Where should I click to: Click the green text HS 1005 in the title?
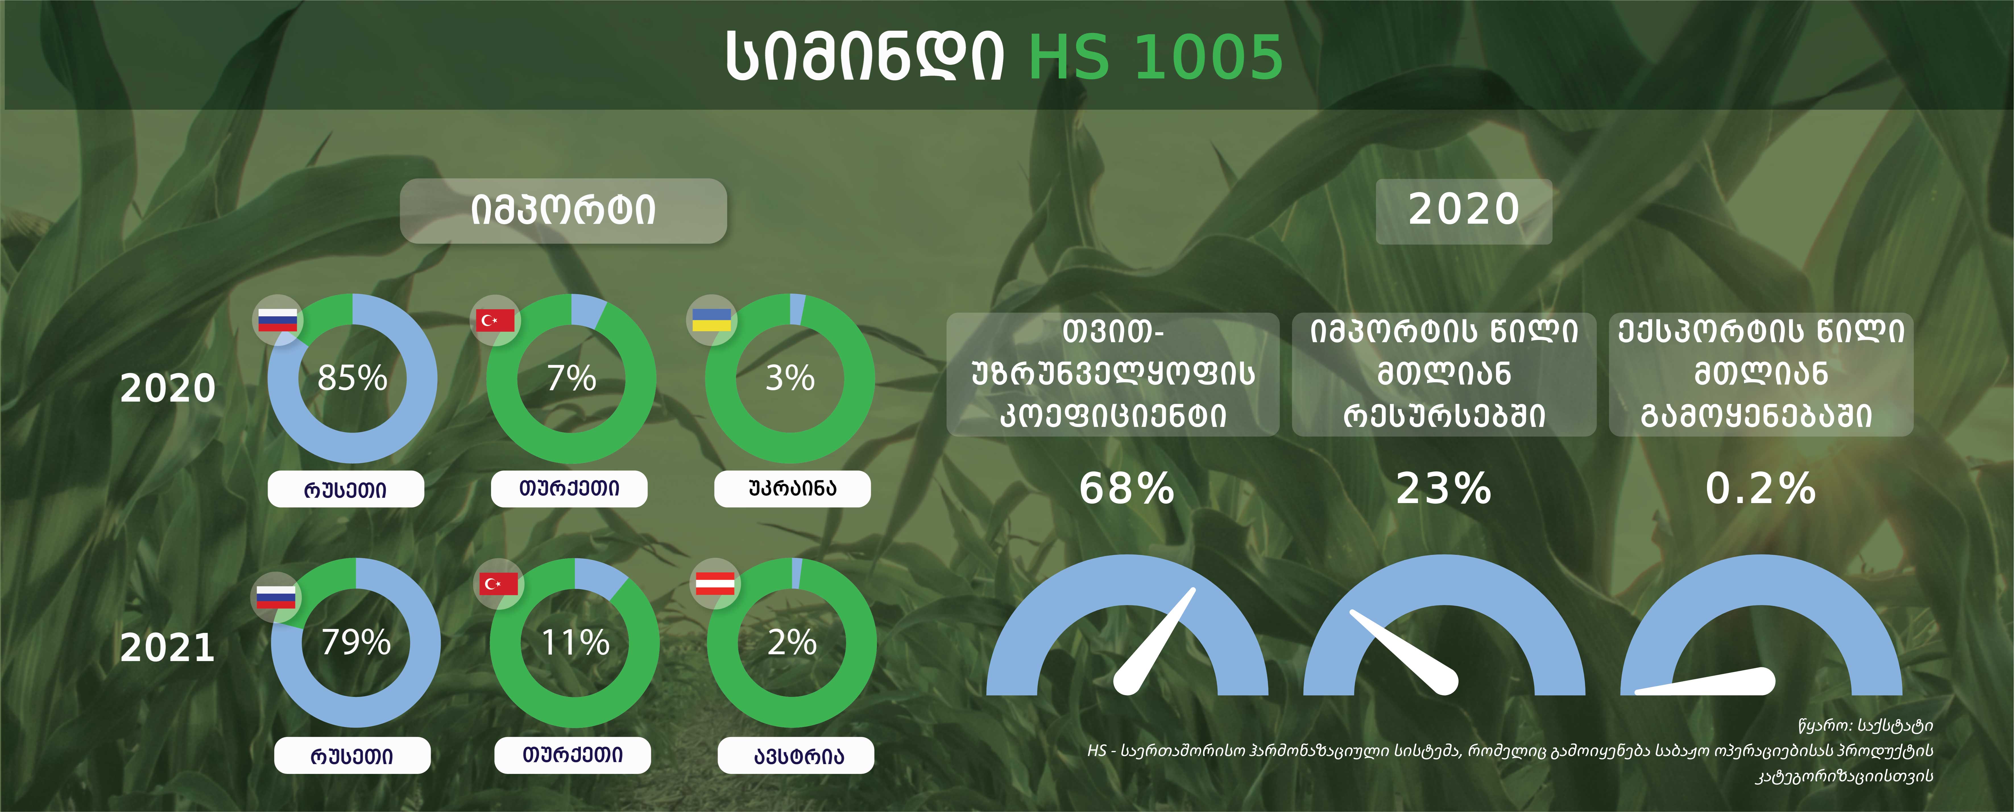coord(1155,57)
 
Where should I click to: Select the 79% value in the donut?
coord(356,642)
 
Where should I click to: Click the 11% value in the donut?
coord(575,642)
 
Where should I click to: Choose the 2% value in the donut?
coord(792,642)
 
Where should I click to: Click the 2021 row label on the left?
coord(167,648)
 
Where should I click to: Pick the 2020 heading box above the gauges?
coord(1463,211)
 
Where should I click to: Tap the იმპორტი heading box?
coord(563,210)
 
